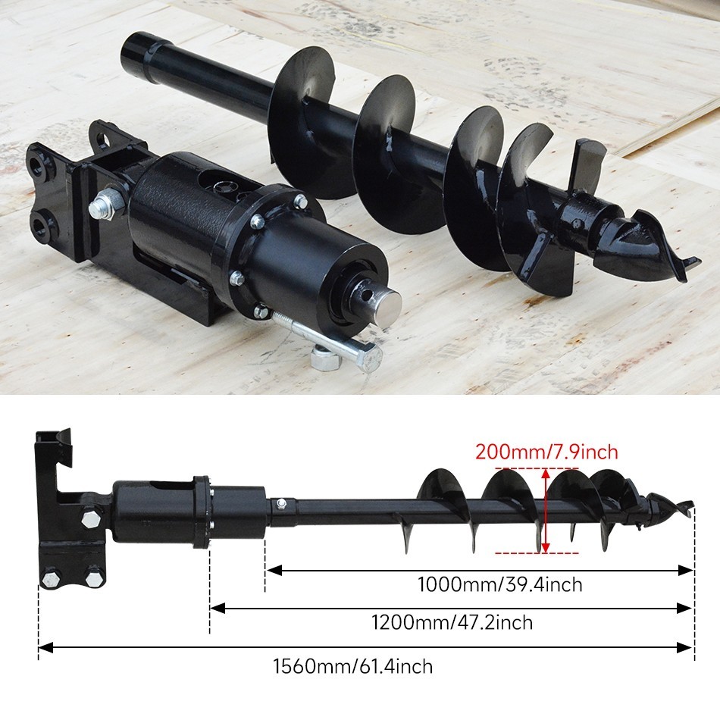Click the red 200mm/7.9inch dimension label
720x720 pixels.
click(x=546, y=452)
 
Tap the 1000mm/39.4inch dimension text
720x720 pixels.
click(x=499, y=584)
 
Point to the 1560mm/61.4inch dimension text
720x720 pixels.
click(x=352, y=667)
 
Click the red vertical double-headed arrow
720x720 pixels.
click(x=546, y=510)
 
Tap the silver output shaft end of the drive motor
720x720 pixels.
click(x=387, y=307)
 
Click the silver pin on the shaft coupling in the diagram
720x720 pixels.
click(x=281, y=503)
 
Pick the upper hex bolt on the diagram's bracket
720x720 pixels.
click(x=89, y=519)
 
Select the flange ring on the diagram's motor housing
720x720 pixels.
click(x=201, y=512)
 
